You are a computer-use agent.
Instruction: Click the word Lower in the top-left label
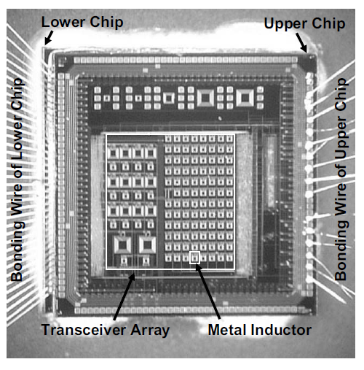63,22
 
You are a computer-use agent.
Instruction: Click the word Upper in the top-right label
285,23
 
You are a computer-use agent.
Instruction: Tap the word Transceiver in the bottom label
84,330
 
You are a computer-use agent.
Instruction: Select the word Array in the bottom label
150,331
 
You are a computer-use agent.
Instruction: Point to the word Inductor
281,330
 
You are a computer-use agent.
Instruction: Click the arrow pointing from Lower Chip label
49,38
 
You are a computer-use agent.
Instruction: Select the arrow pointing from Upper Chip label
301,42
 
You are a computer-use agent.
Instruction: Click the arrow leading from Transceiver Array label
124,296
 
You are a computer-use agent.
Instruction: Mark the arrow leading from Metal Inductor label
208,291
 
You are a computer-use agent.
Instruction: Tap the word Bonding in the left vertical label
17,251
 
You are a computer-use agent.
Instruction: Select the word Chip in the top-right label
328,23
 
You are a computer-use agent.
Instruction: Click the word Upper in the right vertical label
341,134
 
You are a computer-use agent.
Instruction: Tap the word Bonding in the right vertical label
341,250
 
